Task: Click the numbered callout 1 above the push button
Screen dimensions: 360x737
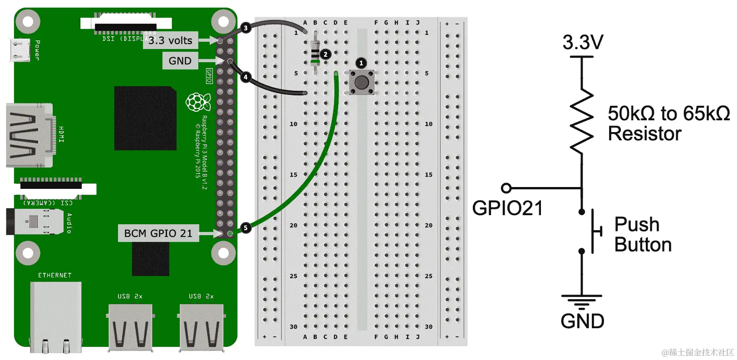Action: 361,63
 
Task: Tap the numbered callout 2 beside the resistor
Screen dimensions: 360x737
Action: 325,54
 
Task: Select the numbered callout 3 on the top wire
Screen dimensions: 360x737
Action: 246,28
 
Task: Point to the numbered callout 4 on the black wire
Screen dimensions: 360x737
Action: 246,77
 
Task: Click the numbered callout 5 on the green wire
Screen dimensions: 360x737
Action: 246,228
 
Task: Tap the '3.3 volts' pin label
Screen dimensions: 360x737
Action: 170,40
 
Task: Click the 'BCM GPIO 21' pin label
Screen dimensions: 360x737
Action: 158,233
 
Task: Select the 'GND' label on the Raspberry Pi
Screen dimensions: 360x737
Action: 180,61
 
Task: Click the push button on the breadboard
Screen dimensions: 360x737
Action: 362,82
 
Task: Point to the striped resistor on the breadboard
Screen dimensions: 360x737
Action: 315,54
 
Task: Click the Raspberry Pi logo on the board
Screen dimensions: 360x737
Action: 197,102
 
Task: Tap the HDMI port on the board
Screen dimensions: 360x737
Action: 29,135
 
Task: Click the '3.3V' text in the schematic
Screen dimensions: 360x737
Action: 583,43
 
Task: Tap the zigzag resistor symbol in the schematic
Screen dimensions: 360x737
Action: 582,122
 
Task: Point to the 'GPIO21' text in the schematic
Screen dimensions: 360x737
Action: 507,208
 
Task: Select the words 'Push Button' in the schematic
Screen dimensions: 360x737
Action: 643,235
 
